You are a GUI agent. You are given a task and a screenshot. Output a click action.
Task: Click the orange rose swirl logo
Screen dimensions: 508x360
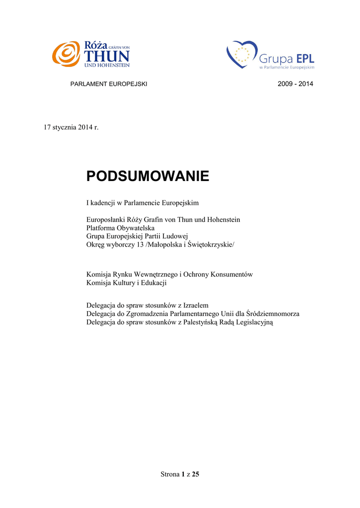click(x=66, y=54)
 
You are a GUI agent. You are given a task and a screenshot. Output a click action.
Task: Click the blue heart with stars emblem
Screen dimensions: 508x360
click(x=241, y=55)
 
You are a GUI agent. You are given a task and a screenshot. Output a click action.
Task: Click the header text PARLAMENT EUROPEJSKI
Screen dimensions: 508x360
click(x=110, y=84)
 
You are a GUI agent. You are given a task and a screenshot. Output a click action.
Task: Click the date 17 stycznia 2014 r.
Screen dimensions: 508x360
click(x=72, y=127)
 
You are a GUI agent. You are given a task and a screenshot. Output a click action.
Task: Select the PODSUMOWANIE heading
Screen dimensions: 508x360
click(x=148, y=176)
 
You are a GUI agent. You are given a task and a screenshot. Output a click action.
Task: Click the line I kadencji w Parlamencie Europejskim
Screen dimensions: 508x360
click(x=143, y=203)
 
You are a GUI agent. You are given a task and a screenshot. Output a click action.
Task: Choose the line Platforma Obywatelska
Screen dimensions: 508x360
click(x=121, y=228)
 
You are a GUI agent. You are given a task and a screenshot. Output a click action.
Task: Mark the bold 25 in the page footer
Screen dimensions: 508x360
click(x=195, y=475)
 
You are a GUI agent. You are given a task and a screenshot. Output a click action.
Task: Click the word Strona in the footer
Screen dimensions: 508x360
click(x=170, y=475)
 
